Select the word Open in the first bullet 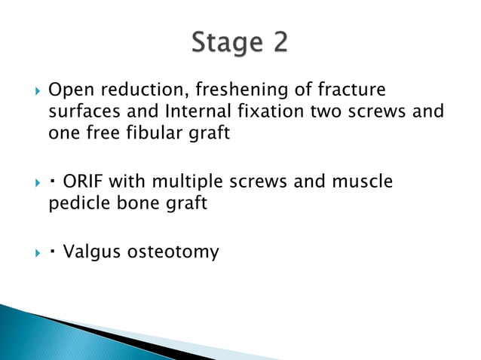click(x=69, y=91)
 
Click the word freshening click(x=229, y=91)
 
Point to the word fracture click(x=351, y=91)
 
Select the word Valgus click(x=89, y=252)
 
